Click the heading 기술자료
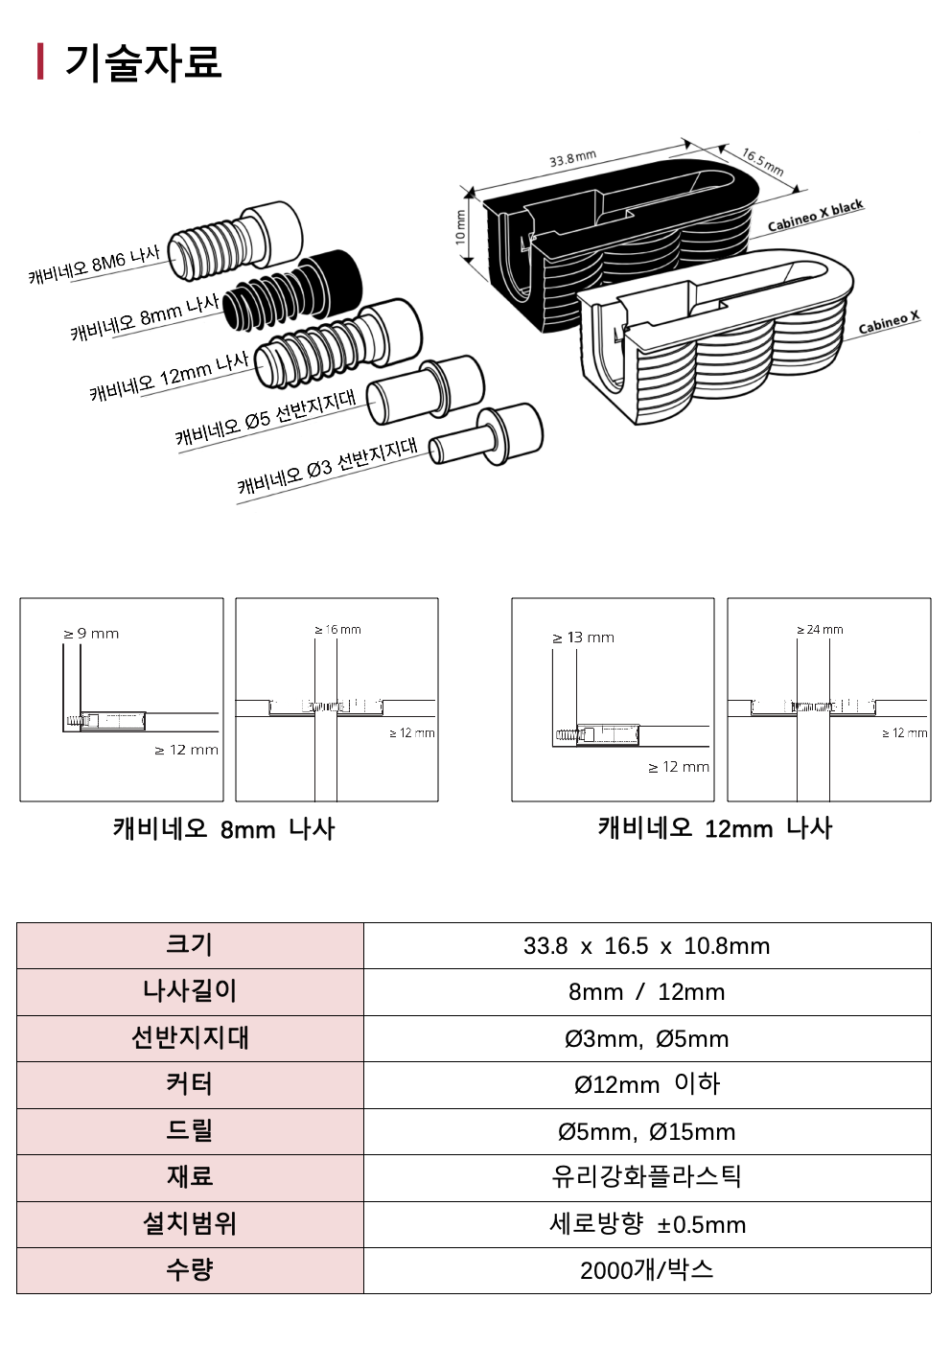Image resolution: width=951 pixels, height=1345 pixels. [143, 62]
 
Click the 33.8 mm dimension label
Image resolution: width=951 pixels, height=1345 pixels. [572, 159]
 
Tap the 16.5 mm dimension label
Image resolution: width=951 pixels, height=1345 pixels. [762, 161]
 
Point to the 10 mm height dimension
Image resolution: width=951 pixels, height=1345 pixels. [460, 227]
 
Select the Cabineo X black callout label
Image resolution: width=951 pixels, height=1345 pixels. [815, 217]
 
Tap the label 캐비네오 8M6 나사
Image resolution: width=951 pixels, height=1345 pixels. [94, 265]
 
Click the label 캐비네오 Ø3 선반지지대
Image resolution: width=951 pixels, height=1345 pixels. [327, 466]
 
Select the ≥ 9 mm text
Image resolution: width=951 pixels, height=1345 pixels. [91, 634]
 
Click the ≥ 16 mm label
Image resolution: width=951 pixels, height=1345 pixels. [337, 630]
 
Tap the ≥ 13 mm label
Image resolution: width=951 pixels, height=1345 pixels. [583, 638]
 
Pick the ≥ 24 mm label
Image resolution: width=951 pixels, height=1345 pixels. [820, 630]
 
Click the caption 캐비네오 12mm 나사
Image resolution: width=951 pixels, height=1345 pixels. [715, 828]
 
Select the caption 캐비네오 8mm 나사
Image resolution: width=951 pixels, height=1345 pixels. [223, 829]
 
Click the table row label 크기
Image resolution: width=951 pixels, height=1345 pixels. [190, 945]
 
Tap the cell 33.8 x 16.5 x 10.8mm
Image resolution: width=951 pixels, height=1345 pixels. [646, 946]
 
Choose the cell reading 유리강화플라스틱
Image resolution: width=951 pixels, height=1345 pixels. [646, 1177]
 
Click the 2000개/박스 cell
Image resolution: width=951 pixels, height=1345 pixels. [646, 1270]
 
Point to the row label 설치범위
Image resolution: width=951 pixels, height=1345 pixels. [190, 1224]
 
